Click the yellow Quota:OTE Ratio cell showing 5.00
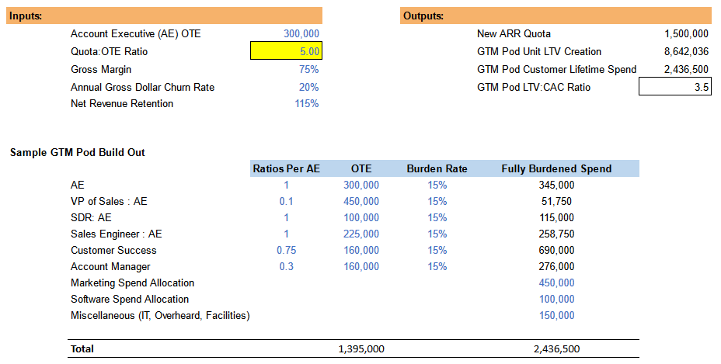click(x=285, y=51)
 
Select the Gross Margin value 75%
click(x=308, y=69)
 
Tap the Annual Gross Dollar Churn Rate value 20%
click(x=308, y=87)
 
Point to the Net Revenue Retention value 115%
click(x=306, y=103)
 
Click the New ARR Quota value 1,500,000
click(x=686, y=34)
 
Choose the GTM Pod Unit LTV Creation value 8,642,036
click(x=686, y=51)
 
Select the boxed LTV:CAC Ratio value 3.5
click(x=674, y=87)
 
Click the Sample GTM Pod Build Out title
click(x=77, y=152)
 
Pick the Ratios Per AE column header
click(x=286, y=168)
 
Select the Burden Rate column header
click(x=437, y=168)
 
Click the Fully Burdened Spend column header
click(x=556, y=168)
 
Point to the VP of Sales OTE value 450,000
click(x=360, y=201)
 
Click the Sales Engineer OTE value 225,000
click(x=360, y=234)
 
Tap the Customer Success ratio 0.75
click(x=286, y=250)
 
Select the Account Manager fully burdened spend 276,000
click(x=556, y=266)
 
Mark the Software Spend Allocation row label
click(x=130, y=299)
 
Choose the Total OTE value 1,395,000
click(x=360, y=349)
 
